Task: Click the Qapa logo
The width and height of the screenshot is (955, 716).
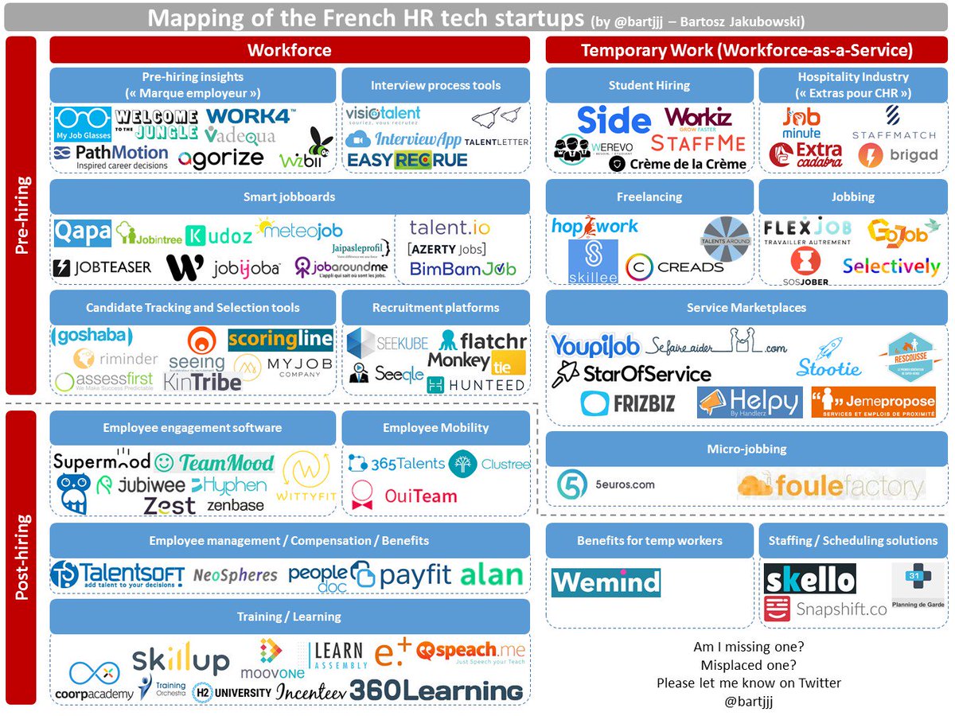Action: [x=83, y=233]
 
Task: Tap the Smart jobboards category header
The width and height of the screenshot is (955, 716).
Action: [x=290, y=197]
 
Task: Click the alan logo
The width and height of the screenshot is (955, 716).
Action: [x=491, y=574]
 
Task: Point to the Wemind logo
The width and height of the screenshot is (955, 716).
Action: [x=606, y=582]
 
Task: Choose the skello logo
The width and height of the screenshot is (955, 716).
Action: [x=809, y=579]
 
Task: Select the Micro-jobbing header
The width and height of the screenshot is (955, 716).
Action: [x=746, y=449]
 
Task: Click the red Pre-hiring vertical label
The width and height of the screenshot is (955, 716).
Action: [x=25, y=215]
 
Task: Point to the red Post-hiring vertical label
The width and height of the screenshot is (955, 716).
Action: [x=25, y=557]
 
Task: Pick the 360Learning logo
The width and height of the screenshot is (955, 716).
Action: [x=436, y=690]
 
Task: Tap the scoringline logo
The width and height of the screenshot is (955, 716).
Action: [x=280, y=340]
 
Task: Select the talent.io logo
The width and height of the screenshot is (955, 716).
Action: [x=450, y=228]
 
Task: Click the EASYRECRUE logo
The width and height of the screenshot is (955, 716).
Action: [x=407, y=161]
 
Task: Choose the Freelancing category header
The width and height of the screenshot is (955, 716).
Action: [x=649, y=197]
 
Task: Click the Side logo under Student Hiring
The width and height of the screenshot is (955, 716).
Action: [x=614, y=120]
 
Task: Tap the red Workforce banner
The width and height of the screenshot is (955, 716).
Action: [x=290, y=50]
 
